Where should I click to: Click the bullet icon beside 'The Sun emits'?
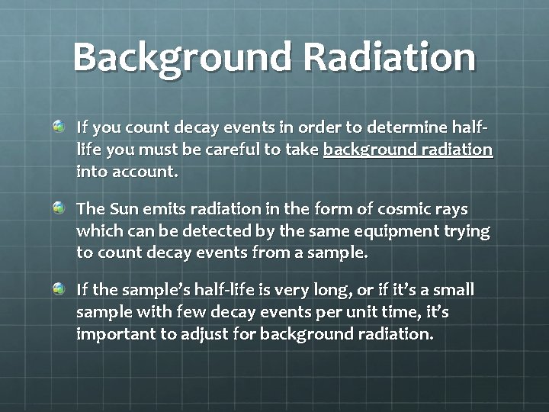pyautogui.click(x=59, y=208)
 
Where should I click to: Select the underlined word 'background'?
pyautogui.click(x=369, y=150)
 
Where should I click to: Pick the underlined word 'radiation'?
pyautogui.click(x=457, y=150)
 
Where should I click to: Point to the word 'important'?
pyautogui.click(x=111, y=336)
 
